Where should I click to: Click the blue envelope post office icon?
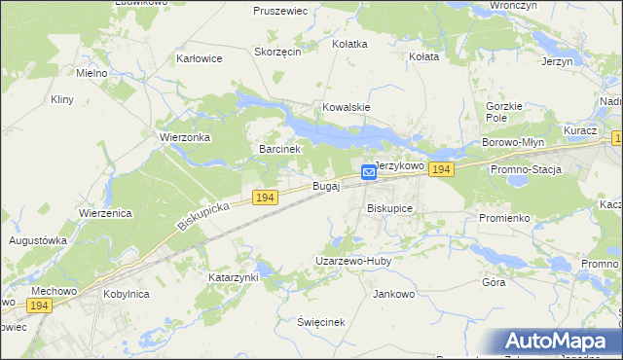click(369, 172)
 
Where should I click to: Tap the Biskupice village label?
click(390, 208)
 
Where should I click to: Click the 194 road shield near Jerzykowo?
click(442, 169)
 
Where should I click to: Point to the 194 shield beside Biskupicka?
click(265, 198)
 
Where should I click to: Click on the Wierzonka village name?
click(185, 138)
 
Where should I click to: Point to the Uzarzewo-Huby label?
click(352, 261)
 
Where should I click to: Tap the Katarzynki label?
click(234, 277)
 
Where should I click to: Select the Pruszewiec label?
click(280, 11)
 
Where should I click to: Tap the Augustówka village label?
click(38, 239)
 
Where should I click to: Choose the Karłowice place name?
click(200, 58)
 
